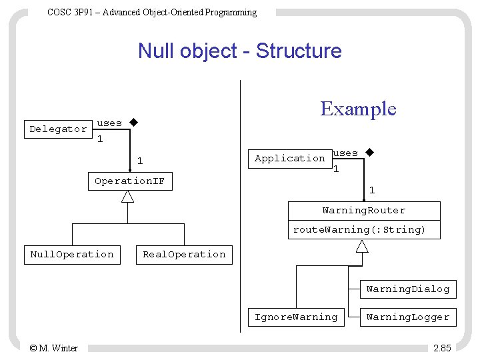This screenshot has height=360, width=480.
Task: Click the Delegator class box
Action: (58, 129)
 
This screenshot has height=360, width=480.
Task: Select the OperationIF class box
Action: (130, 181)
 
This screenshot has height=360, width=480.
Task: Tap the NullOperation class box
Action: (72, 255)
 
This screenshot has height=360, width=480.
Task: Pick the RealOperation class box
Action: (185, 255)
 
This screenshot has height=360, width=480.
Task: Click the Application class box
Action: (289, 159)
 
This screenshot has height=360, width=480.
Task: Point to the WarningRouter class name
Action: (364, 211)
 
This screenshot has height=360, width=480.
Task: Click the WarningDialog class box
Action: (407, 289)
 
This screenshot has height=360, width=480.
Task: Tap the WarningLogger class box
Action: (407, 317)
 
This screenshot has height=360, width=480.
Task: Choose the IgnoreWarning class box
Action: (296, 317)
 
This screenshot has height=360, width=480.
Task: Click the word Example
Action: (358, 109)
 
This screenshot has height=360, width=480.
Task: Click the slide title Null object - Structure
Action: (239, 51)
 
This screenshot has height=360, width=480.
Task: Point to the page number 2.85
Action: (441, 347)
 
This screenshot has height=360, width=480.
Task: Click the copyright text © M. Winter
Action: (53, 347)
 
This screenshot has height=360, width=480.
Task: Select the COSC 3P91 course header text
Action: (152, 12)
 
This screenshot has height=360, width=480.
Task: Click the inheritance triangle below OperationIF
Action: (127, 197)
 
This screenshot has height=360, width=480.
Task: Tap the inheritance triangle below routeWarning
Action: (362, 246)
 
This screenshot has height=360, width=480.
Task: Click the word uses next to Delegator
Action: (109, 123)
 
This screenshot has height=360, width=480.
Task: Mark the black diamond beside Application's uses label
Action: (369, 153)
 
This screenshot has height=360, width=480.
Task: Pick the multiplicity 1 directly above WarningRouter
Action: (372, 191)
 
